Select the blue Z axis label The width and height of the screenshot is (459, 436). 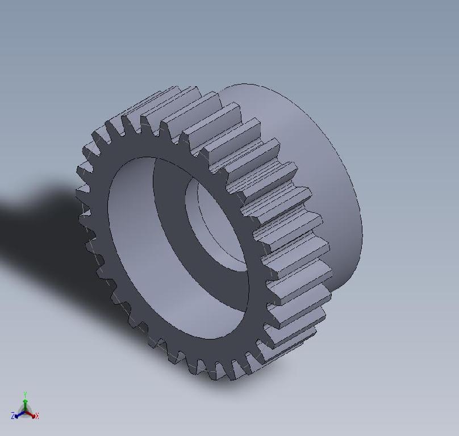(12, 416)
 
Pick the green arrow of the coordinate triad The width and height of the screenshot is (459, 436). (26, 403)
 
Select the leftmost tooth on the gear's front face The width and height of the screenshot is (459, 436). (82, 187)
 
